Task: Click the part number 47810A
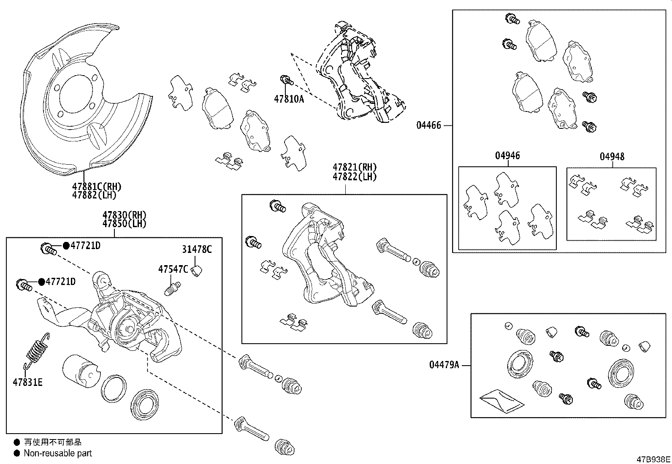(x=289, y=100)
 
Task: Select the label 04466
(x=428, y=125)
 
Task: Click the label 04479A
(x=444, y=365)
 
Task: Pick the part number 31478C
(x=197, y=250)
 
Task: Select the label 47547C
(x=173, y=269)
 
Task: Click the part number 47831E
(x=27, y=383)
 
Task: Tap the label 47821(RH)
(x=355, y=168)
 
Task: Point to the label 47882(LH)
(x=94, y=195)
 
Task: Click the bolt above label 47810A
(x=287, y=79)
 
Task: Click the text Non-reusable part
(x=58, y=453)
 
